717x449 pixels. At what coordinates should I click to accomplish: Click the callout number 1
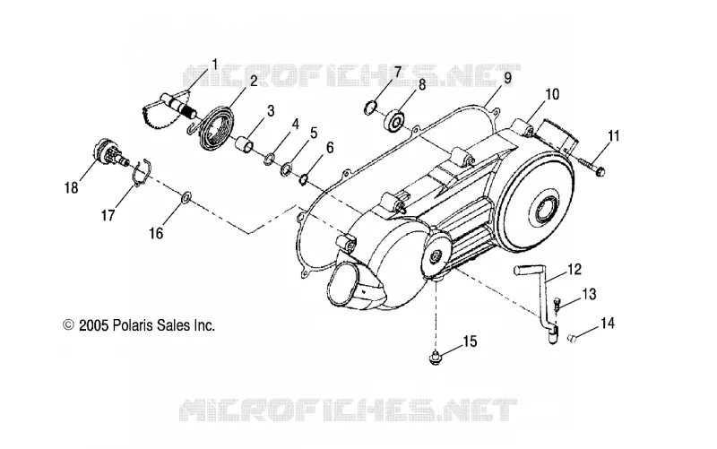(x=214, y=65)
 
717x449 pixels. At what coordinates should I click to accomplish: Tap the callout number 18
(x=72, y=187)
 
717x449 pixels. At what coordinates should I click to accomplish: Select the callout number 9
(x=507, y=78)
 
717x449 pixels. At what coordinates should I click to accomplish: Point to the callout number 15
(x=471, y=341)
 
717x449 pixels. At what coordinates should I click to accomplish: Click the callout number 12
(x=574, y=269)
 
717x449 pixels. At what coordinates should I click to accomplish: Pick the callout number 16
(x=156, y=233)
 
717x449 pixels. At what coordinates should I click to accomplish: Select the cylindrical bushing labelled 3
(x=245, y=144)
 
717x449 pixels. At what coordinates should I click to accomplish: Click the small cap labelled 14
(x=572, y=338)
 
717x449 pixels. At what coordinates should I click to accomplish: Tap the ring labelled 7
(x=371, y=108)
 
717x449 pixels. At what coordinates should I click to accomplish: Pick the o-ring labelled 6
(x=304, y=179)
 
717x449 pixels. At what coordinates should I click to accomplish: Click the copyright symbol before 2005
(x=69, y=325)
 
